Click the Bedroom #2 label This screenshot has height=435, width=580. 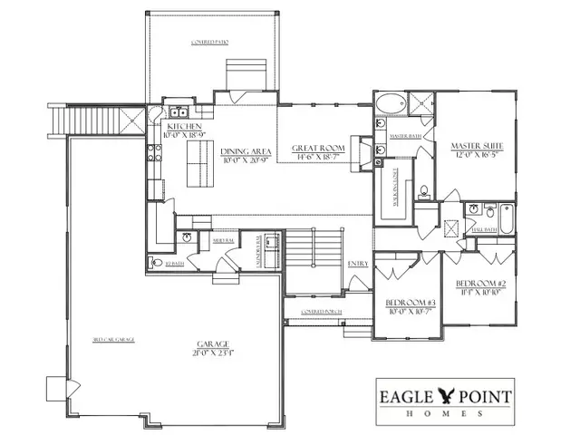click(x=479, y=282)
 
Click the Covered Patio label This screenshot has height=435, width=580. click(x=210, y=43)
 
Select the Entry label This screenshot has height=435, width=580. click(x=358, y=264)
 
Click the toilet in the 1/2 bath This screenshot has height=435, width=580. click(x=151, y=264)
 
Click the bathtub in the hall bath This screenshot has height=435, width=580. click(x=506, y=218)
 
